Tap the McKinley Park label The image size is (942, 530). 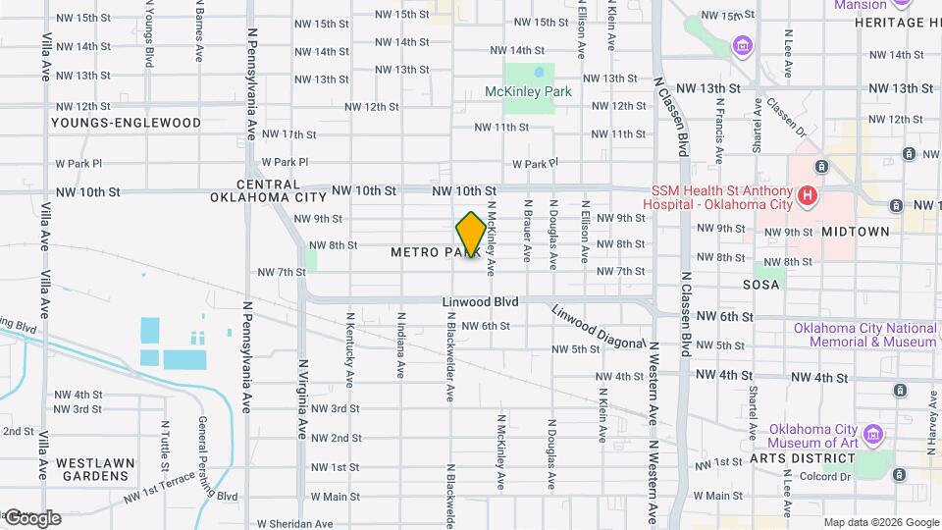tap(528, 91)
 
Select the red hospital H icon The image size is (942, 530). tap(807, 196)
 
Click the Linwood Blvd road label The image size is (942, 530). tap(479, 301)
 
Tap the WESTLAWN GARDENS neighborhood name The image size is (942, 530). tap(92, 468)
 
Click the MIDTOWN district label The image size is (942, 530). tap(855, 232)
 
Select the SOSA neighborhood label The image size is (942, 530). tap(761, 285)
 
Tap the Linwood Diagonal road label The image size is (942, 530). tap(596, 328)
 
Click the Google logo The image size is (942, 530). tap(31, 518)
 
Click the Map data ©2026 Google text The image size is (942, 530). tap(880, 522)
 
